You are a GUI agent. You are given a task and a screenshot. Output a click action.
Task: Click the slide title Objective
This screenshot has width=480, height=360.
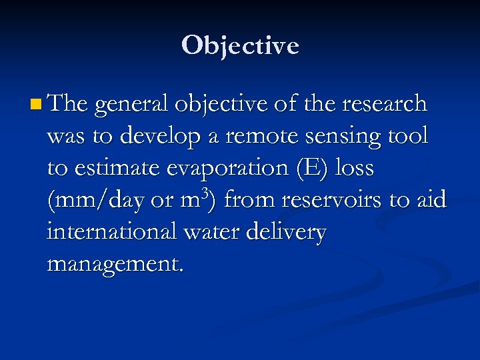coord(240,45)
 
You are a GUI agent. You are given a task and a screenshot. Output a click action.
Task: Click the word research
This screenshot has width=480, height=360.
coord(383,103)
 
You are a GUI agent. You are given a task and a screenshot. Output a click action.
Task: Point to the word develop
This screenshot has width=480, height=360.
coord(165,137)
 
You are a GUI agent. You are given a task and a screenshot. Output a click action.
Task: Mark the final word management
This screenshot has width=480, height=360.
coord(114,265)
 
